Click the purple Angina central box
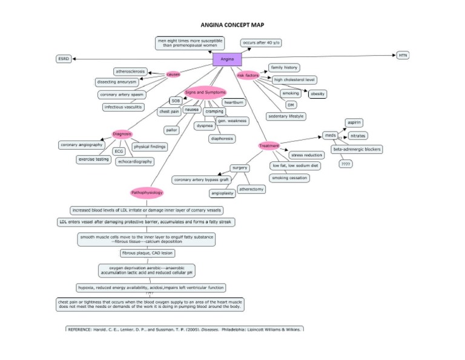(227, 59)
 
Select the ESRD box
(63, 59)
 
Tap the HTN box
(403, 55)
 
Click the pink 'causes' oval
(174, 74)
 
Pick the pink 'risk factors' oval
(248, 76)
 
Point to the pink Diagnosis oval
(122, 134)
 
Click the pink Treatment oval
(269, 146)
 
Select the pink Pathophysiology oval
(147, 193)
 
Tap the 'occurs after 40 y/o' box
(261, 43)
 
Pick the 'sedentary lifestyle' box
(286, 116)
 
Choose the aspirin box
(354, 122)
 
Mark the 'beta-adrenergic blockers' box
(357, 149)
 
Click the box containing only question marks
(345, 164)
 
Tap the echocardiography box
(134, 162)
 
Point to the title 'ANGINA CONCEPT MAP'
(232, 25)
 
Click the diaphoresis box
(222, 138)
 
